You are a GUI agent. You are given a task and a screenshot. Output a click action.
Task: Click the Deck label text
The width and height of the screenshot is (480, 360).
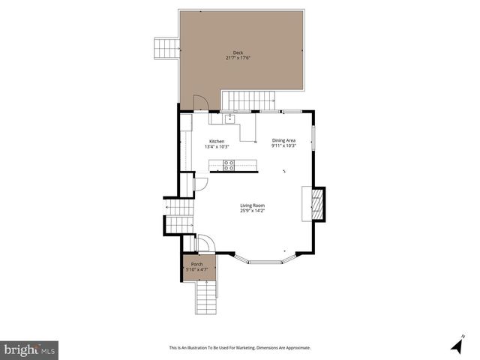click(x=238, y=52)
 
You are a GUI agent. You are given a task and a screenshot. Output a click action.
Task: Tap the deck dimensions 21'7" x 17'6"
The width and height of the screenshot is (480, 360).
click(x=238, y=58)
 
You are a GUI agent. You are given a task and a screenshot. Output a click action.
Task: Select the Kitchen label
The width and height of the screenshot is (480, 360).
click(x=217, y=141)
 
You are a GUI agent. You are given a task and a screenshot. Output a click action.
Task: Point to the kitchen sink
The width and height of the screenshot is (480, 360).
click(x=229, y=118)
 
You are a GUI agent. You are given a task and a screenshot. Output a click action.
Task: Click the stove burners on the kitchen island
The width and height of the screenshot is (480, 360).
click(x=229, y=166)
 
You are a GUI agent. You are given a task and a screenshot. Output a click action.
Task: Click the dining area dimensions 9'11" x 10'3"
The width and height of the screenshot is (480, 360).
click(x=283, y=145)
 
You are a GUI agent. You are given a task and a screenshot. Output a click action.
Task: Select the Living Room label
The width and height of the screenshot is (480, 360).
click(x=252, y=205)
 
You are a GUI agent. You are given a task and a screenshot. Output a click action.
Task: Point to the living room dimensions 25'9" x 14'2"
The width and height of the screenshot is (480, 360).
click(x=252, y=211)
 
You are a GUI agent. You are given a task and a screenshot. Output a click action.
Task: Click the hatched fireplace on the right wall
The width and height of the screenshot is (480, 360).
click(x=317, y=204)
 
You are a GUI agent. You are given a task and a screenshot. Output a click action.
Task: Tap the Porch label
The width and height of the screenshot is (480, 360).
click(x=197, y=264)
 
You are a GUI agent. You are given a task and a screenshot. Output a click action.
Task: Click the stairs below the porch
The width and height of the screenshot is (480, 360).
click(x=206, y=298)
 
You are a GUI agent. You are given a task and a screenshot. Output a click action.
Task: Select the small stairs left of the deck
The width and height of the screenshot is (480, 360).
click(x=166, y=48)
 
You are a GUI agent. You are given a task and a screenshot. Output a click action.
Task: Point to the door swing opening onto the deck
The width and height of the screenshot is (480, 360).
click(x=201, y=103)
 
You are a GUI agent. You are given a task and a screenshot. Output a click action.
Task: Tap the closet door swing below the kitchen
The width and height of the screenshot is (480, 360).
click(x=201, y=184)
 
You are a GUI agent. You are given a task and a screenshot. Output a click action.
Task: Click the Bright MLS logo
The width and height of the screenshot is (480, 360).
click(x=29, y=349)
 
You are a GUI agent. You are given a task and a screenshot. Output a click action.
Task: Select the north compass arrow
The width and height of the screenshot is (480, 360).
click(x=456, y=345)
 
